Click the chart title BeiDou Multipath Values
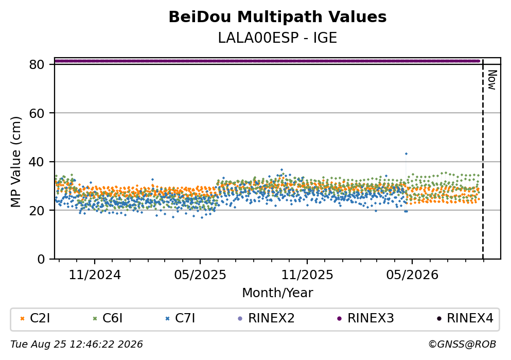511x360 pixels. point(277,17)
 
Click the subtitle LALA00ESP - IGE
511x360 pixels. point(277,38)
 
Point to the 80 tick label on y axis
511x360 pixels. point(37,64)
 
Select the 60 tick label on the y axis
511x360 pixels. point(37,113)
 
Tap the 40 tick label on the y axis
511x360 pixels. point(37,162)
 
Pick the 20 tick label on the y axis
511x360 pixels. point(37,210)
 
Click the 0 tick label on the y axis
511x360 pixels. point(41,259)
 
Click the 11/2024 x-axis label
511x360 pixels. point(95,275)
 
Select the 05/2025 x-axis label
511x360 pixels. point(200,275)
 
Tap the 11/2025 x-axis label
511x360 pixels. point(307,275)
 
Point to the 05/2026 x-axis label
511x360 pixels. point(412,275)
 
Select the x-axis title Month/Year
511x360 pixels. point(277,293)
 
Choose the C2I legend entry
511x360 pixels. point(35,318)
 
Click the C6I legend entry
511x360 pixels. point(108,318)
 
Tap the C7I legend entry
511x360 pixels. point(180,318)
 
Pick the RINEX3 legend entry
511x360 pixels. point(365,318)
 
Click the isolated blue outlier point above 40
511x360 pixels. point(406,153)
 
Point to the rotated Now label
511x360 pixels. point(492,80)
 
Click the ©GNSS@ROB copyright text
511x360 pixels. point(462,345)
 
